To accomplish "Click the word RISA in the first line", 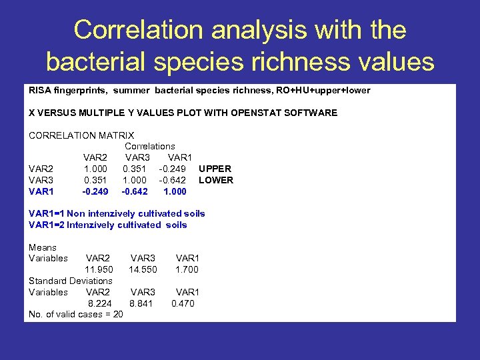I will (39, 90).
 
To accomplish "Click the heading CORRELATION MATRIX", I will (81, 135).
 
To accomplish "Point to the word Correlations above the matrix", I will (150, 146).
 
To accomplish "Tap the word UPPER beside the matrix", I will (215, 169).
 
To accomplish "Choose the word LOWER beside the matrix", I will (216, 180).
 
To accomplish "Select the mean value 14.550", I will (143, 269).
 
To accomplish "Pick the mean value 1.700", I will (187, 269).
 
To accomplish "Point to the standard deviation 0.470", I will (183, 303).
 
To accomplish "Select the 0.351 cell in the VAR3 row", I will (95, 180).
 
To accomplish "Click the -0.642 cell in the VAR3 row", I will (172, 180).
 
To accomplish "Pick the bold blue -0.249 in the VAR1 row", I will (95, 191).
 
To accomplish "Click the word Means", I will (43, 247).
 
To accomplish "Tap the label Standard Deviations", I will (71, 281).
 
